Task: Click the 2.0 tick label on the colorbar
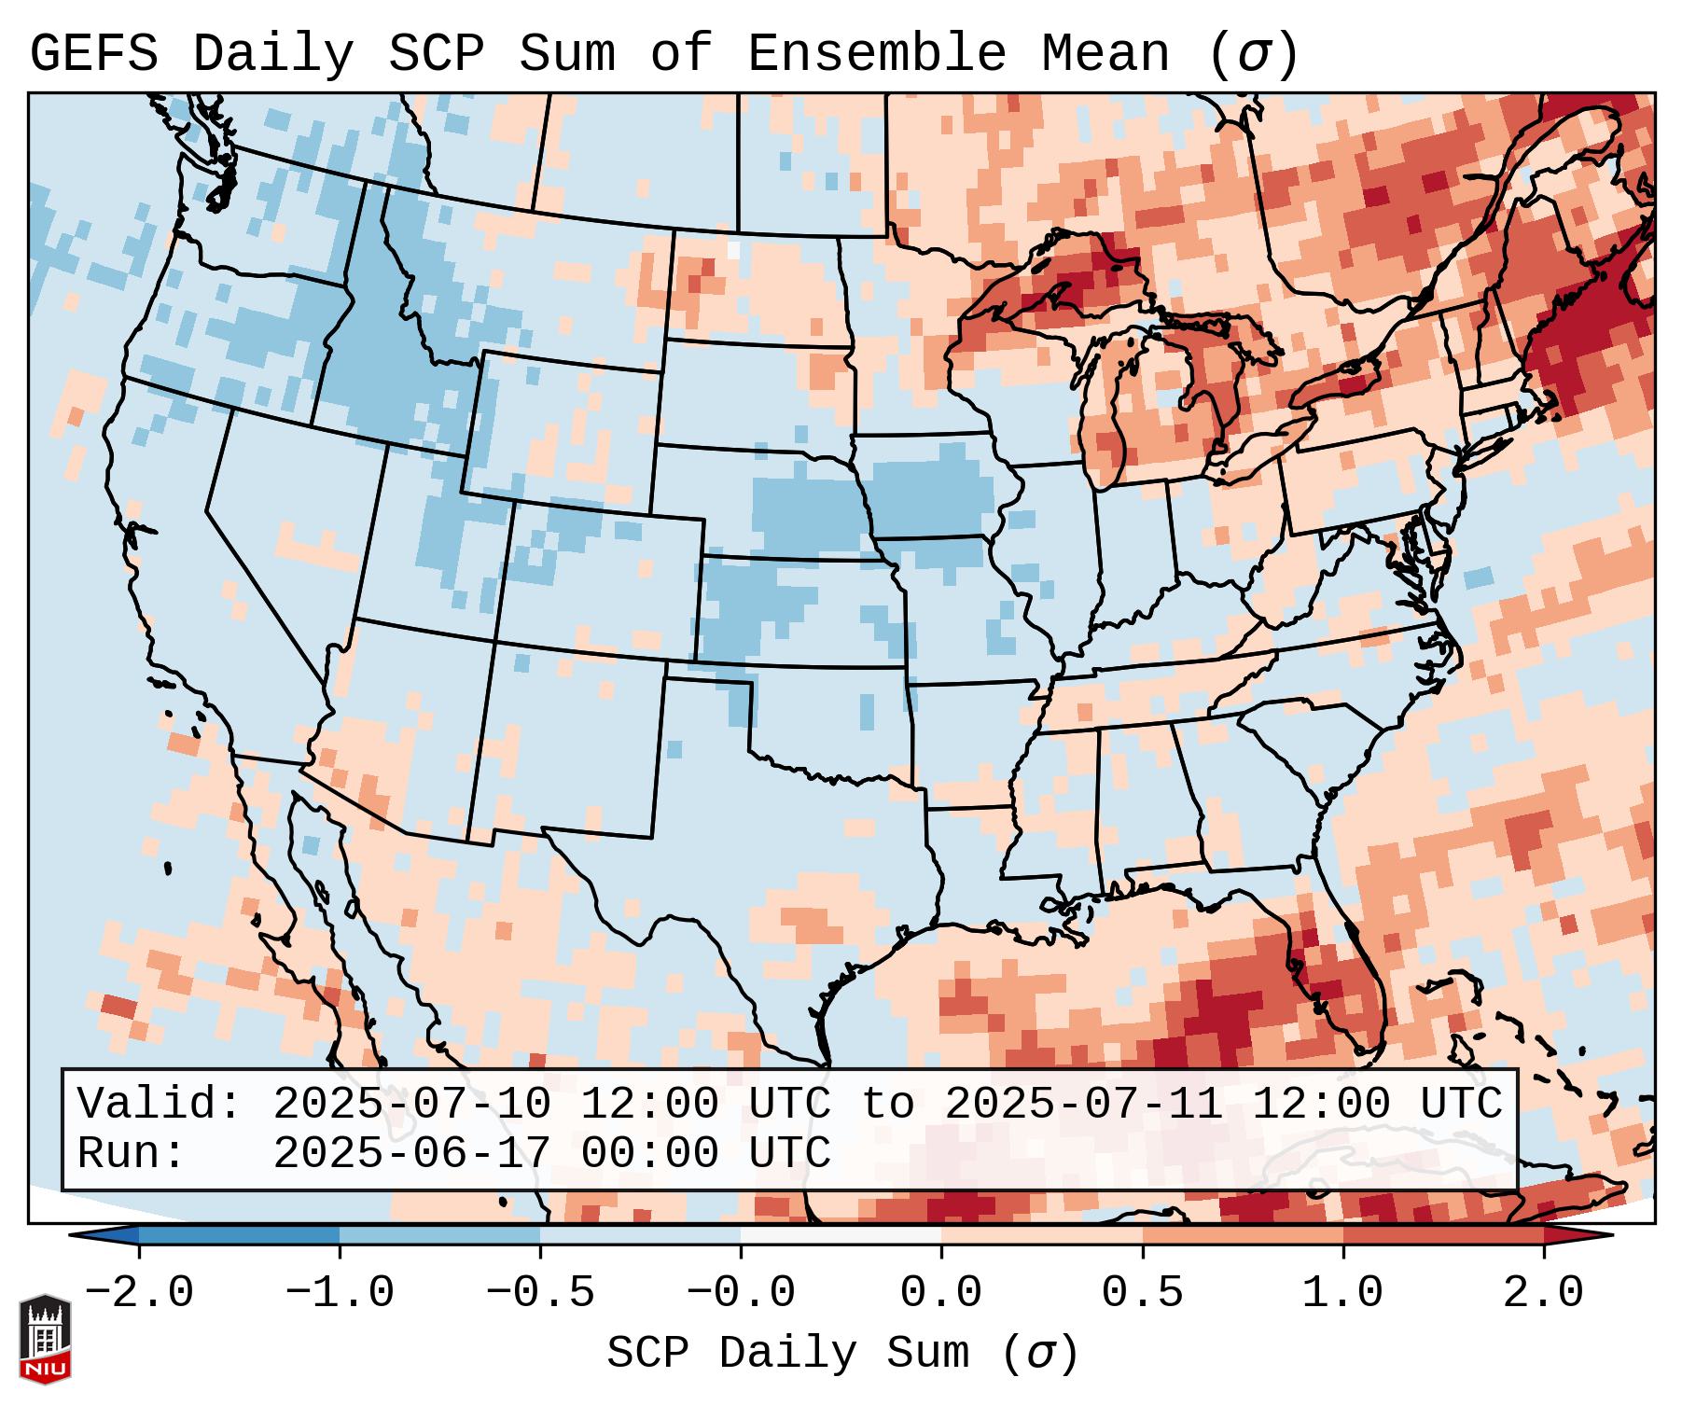point(1543,1293)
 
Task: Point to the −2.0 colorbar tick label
point(139,1293)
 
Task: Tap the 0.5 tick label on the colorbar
point(1142,1293)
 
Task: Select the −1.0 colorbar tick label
point(339,1293)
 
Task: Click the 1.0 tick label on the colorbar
point(1342,1293)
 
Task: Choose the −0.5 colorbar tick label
point(540,1293)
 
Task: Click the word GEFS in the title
point(94,54)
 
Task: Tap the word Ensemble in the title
point(877,54)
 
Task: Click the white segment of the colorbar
point(841,1235)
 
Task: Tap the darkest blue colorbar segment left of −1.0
point(239,1235)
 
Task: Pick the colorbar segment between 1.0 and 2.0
point(1442,1235)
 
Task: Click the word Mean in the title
point(1105,54)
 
